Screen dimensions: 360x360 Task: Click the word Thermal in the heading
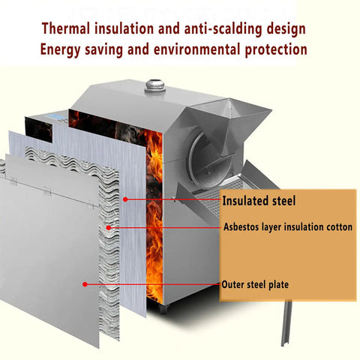[x=66, y=28]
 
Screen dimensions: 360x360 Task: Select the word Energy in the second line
[x=60, y=50]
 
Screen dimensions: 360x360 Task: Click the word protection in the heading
[x=276, y=50]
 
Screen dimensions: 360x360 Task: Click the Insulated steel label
[x=259, y=201]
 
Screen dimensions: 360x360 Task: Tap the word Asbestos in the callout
[x=241, y=227]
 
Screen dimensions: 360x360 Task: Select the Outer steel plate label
[x=255, y=285]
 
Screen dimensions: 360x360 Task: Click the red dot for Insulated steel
[x=125, y=199]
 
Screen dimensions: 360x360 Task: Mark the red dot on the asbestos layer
[x=108, y=227]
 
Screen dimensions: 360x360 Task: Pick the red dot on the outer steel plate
[x=85, y=284]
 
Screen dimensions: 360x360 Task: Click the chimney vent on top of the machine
[x=155, y=85]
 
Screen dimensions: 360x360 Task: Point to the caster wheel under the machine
[x=163, y=309]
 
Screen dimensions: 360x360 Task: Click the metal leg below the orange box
[x=286, y=323]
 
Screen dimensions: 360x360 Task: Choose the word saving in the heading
[x=104, y=50]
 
